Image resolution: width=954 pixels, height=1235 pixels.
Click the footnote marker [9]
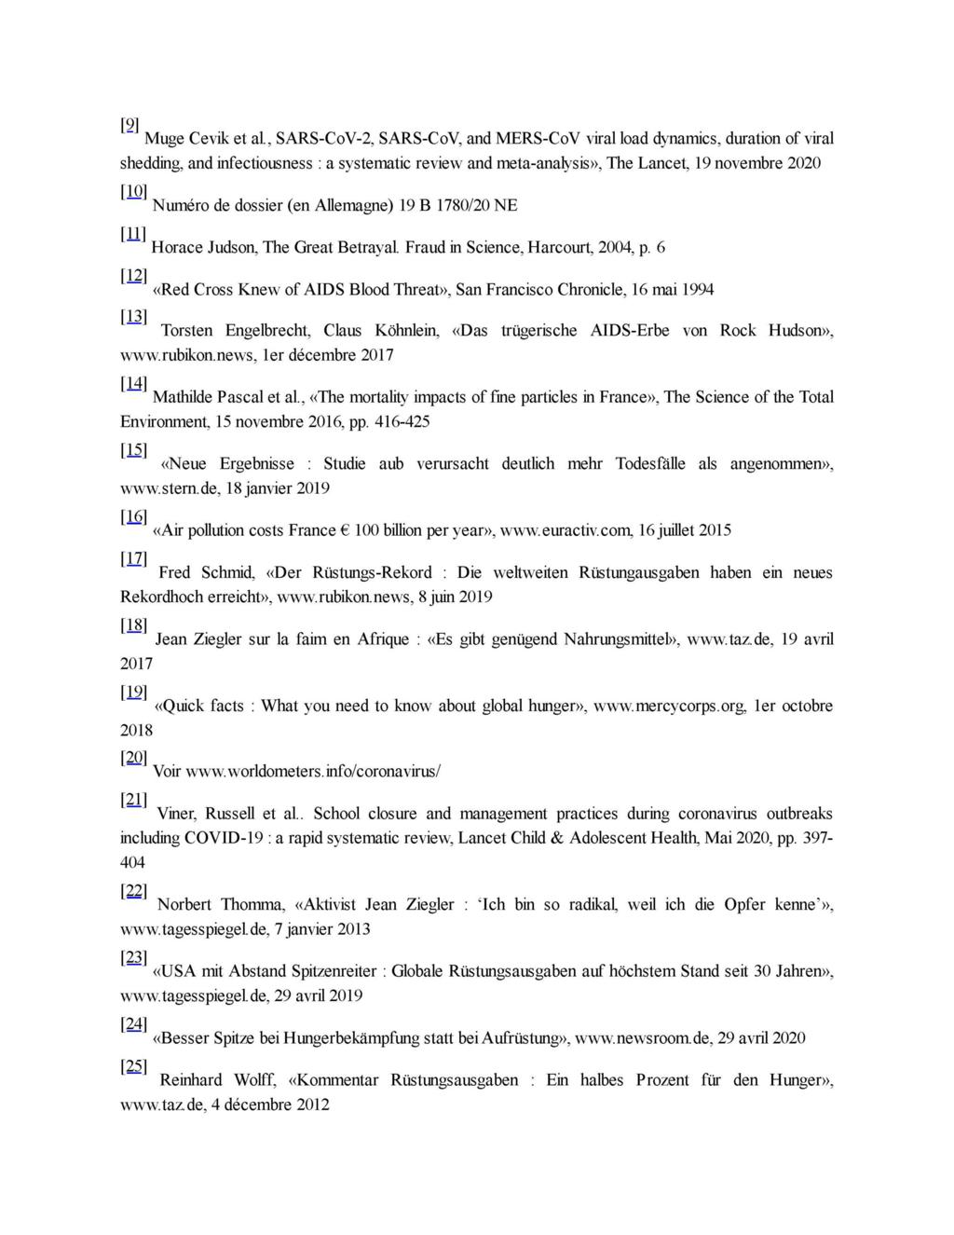pos(130,125)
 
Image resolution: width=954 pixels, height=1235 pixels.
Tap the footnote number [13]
pos(133,316)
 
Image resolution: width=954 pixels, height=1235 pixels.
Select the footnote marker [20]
pos(133,757)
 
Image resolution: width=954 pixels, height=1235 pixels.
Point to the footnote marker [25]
pos(133,1066)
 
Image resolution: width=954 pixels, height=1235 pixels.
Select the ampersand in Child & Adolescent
pos(557,838)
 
